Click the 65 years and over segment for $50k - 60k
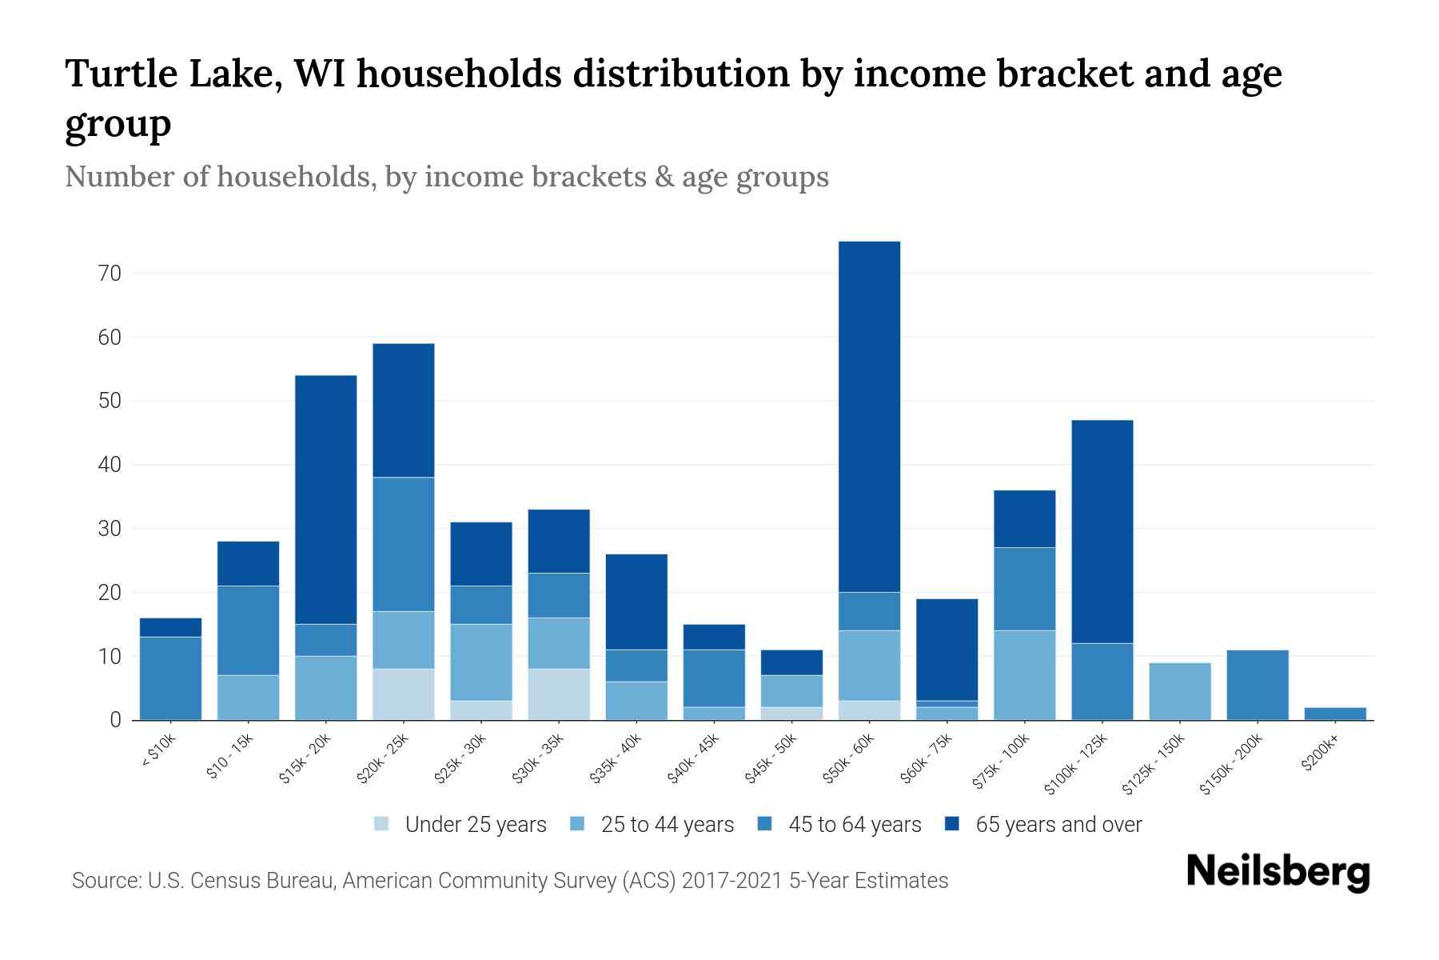click(x=869, y=416)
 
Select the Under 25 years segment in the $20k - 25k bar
click(x=404, y=694)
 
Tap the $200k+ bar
click(x=1335, y=713)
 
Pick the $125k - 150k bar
click(x=1180, y=691)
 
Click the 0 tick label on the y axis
click(x=115, y=720)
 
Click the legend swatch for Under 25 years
click(x=382, y=824)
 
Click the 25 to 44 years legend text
click(x=667, y=824)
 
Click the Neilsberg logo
click(x=1278, y=872)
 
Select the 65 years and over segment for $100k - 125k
click(x=1102, y=531)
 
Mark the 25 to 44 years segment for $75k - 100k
click(x=1024, y=674)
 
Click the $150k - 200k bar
click(x=1257, y=685)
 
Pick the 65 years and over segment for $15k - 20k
click(x=326, y=499)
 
